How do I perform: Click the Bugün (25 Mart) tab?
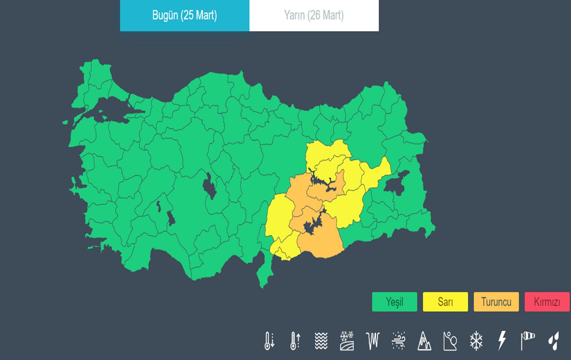click(x=185, y=15)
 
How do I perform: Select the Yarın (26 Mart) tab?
click(x=314, y=15)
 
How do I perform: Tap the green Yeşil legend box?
click(x=394, y=302)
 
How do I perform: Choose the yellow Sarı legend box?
click(x=445, y=302)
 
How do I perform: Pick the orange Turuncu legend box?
click(x=496, y=302)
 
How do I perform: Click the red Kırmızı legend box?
click(x=547, y=302)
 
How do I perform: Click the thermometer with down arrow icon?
click(x=269, y=341)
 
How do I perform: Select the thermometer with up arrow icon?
click(x=295, y=341)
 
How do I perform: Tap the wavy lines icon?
click(x=321, y=341)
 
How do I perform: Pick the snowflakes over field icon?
click(x=347, y=341)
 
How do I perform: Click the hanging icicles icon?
click(x=373, y=341)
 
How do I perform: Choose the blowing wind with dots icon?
click(x=399, y=341)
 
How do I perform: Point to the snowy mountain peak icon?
click(x=424, y=341)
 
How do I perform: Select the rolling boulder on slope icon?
click(x=450, y=341)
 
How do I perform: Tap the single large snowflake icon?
click(x=476, y=341)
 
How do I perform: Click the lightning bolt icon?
click(x=502, y=341)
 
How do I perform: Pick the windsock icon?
click(x=528, y=341)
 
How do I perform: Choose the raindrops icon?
click(x=554, y=341)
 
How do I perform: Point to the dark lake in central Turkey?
click(x=209, y=186)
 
